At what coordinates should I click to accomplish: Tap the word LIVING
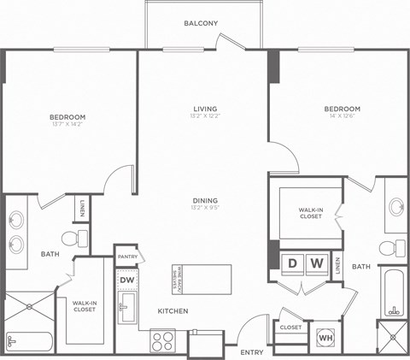tap(204, 109)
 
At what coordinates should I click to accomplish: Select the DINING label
tap(204, 200)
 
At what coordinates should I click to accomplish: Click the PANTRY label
tap(127, 256)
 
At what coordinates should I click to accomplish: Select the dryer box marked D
tap(291, 263)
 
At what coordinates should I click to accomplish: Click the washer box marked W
tap(316, 263)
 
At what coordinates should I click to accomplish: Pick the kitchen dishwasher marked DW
tap(126, 279)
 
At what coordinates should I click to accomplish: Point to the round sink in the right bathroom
tap(395, 206)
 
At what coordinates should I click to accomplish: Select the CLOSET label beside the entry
tap(290, 327)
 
